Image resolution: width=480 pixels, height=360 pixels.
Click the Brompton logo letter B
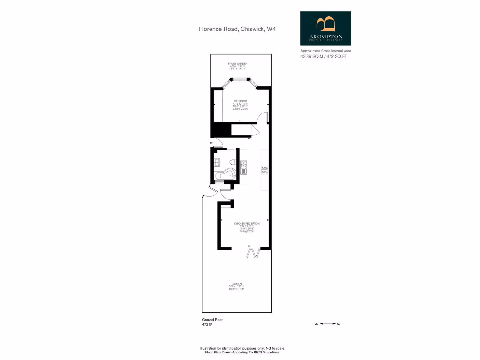point(326,24)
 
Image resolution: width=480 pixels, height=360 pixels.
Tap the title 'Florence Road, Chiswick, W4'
point(237,29)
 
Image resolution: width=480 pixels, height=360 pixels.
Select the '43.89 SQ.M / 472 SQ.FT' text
point(324,56)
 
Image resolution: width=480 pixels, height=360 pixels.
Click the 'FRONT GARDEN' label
point(238,63)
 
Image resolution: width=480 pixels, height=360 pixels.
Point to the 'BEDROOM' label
point(240,101)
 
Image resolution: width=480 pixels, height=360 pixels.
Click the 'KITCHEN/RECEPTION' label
point(247,224)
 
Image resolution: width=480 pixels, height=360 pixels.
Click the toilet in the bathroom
point(232,163)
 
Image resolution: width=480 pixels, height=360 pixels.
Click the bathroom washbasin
point(216,163)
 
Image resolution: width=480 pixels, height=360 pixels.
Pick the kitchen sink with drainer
point(244,167)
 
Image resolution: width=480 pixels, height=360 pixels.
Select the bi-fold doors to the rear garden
point(254,253)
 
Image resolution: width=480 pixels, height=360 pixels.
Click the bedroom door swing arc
point(265,117)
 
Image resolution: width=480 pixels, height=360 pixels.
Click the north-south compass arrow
point(327,323)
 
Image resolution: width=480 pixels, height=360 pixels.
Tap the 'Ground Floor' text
point(212,320)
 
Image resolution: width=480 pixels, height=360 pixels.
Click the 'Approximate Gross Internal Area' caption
point(326,51)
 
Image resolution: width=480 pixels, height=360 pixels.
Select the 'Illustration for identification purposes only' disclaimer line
point(242,348)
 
